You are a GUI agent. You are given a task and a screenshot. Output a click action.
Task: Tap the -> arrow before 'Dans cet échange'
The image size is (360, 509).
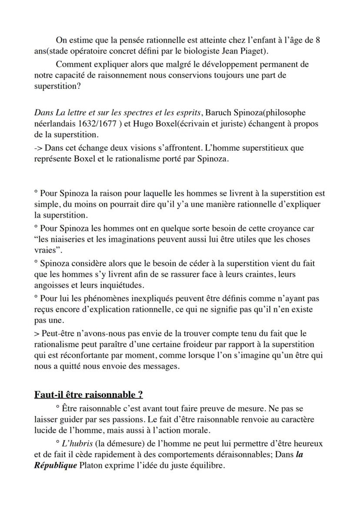pyautogui.click(x=38, y=148)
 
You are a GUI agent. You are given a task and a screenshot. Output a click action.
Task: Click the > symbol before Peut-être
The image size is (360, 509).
pyautogui.click(x=37, y=333)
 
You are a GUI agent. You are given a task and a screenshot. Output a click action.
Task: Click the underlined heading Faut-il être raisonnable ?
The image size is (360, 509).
pyautogui.click(x=89, y=395)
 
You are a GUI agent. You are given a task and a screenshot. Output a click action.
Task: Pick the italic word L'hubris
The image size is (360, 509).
pyautogui.click(x=73, y=444)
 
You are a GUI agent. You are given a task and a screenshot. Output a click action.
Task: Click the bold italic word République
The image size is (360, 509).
pyautogui.click(x=56, y=466)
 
